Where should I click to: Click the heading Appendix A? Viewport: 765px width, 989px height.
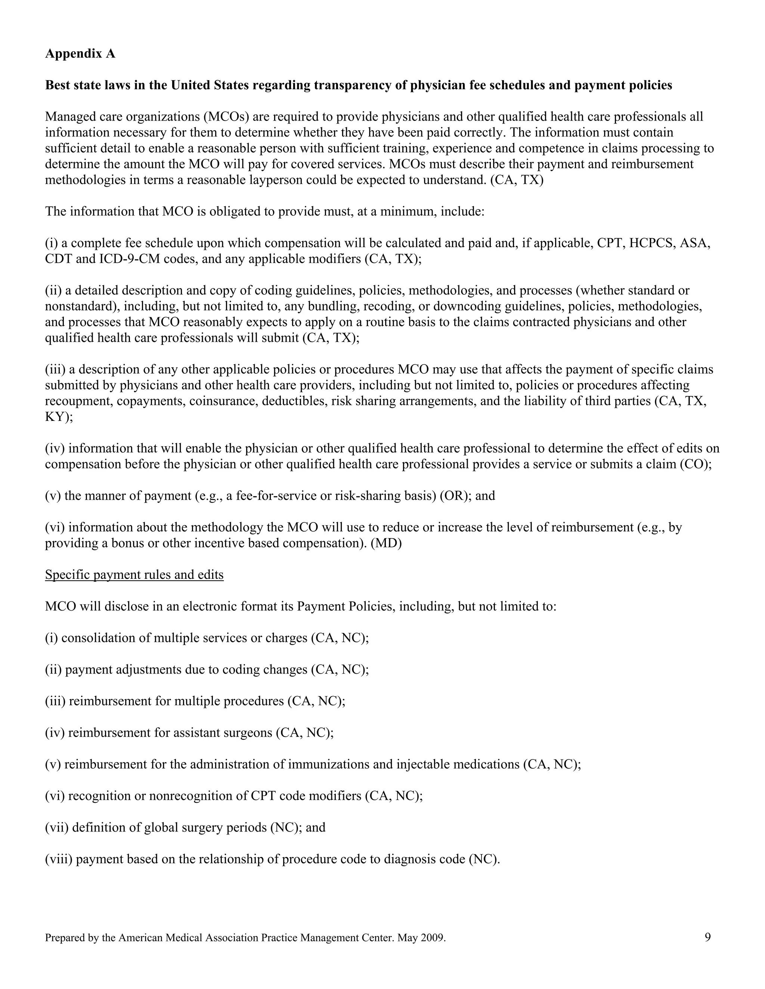point(80,54)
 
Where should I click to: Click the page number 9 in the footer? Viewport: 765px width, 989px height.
point(707,937)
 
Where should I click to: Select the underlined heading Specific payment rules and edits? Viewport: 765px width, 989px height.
point(134,575)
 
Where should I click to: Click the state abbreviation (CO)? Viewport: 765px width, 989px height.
point(696,464)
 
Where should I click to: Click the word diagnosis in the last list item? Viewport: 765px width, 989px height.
point(410,859)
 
